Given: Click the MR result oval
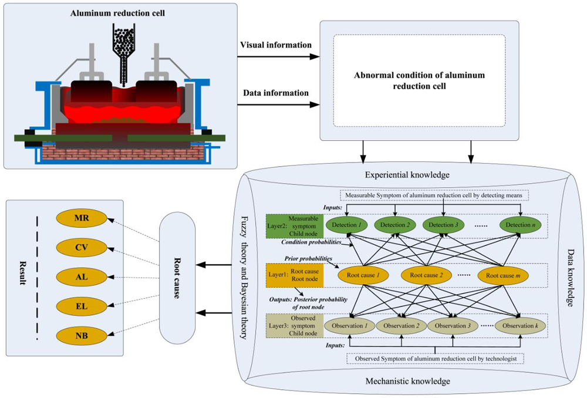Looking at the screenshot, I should tap(81, 219).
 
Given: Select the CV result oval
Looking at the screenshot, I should tap(81, 248).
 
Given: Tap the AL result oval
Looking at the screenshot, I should tap(81, 276).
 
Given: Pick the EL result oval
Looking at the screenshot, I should tap(81, 306).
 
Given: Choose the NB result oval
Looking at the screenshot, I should tap(81, 336).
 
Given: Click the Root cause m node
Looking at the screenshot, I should tap(502, 275).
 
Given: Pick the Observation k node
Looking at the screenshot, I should tap(521, 325).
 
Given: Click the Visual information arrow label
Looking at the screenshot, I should tap(276, 45).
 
